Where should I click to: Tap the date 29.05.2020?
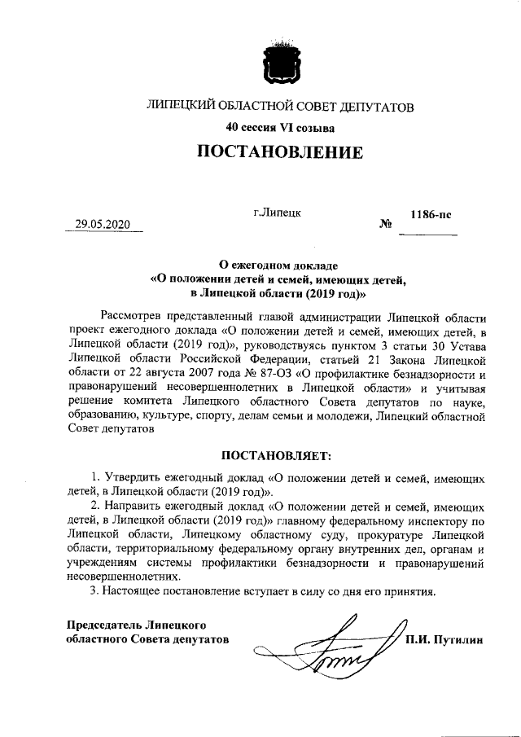pos(103,226)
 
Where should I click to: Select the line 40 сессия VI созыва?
pos(279,127)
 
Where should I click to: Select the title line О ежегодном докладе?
pos(278,265)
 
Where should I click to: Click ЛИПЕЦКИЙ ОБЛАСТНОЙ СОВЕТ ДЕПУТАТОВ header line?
pos(279,107)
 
